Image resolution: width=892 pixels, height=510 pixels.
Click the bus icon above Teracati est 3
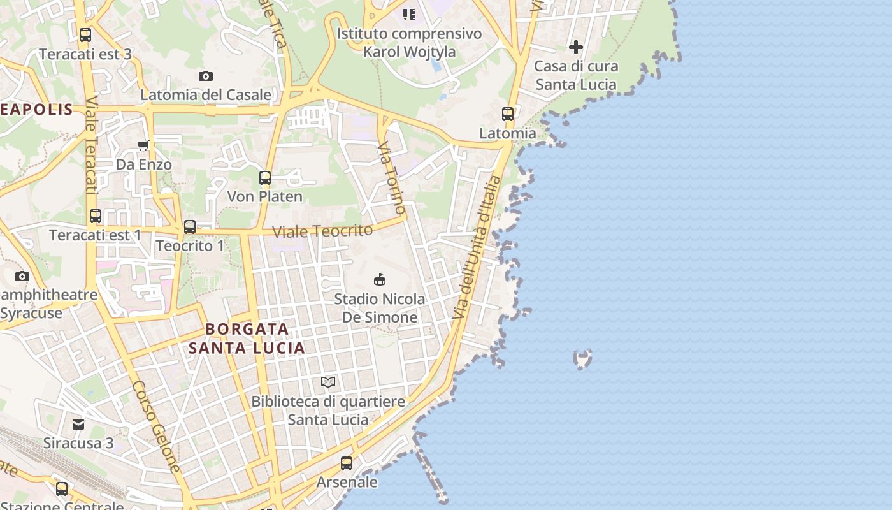(x=85, y=35)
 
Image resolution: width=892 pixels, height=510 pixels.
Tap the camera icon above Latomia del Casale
(x=206, y=76)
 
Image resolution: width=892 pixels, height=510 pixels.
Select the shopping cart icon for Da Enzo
(x=143, y=146)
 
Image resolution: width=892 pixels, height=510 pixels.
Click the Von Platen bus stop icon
(x=265, y=178)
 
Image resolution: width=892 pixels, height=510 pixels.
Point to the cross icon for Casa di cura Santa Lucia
(x=576, y=47)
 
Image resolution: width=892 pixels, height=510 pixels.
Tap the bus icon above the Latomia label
(x=508, y=114)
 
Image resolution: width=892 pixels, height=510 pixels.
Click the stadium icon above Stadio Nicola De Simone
(x=380, y=279)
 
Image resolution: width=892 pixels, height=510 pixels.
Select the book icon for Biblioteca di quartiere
(x=328, y=382)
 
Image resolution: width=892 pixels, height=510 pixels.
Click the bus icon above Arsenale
(x=347, y=463)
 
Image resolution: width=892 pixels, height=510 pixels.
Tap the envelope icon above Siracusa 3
(x=78, y=424)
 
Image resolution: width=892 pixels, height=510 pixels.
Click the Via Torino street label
(x=391, y=178)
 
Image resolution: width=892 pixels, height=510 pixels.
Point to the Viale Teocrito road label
(x=322, y=231)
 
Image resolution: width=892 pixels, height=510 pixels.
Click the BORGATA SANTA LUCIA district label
(x=247, y=339)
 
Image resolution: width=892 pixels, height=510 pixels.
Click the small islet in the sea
(x=582, y=360)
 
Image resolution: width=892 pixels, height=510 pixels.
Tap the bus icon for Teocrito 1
(x=190, y=226)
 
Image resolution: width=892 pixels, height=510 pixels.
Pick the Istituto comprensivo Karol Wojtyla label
(x=409, y=42)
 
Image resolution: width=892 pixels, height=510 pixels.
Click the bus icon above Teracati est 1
(x=96, y=216)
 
